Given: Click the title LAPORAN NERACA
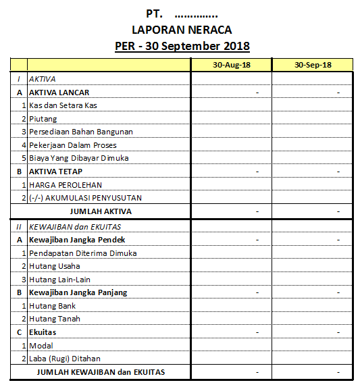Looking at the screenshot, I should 182,30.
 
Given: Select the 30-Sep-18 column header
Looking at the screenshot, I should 313,65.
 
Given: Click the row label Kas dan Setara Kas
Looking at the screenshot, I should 63,105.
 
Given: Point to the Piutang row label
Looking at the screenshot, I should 43,119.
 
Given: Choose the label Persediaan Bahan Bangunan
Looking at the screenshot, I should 80,132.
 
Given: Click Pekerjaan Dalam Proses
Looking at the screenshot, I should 72,145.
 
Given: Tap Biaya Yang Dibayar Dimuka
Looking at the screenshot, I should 78,158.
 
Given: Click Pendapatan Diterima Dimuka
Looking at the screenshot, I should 82,253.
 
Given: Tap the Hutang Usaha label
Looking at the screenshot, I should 54,266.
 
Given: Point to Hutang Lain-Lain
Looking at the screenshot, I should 59,280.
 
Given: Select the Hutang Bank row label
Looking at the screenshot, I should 52,306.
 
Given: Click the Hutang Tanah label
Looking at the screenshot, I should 54,319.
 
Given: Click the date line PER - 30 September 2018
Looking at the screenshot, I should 182,46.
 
